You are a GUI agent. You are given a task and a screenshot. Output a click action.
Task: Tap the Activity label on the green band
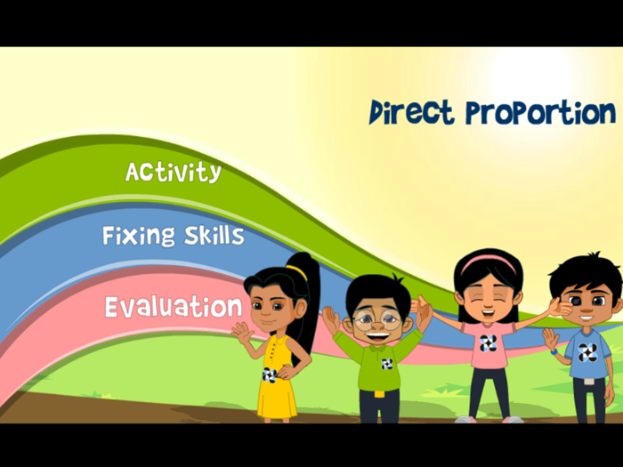pyautogui.click(x=173, y=172)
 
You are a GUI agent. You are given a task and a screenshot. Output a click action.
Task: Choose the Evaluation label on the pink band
pyautogui.click(x=173, y=307)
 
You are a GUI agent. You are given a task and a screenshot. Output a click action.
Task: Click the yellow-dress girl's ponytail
pyautogui.click(x=306, y=302)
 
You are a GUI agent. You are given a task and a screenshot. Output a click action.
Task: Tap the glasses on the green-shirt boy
pyautogui.click(x=376, y=318)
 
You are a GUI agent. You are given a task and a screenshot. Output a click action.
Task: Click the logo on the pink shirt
pyautogui.click(x=487, y=343)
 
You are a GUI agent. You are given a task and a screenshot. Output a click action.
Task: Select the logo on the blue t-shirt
pyautogui.click(x=587, y=352)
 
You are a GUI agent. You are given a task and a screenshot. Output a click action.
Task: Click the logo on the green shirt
pyautogui.click(x=387, y=363)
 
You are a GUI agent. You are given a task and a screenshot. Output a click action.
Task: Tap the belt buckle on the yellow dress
pyautogui.click(x=269, y=374)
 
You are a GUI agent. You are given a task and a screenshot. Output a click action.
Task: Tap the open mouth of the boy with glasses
pyautogui.click(x=376, y=335)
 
